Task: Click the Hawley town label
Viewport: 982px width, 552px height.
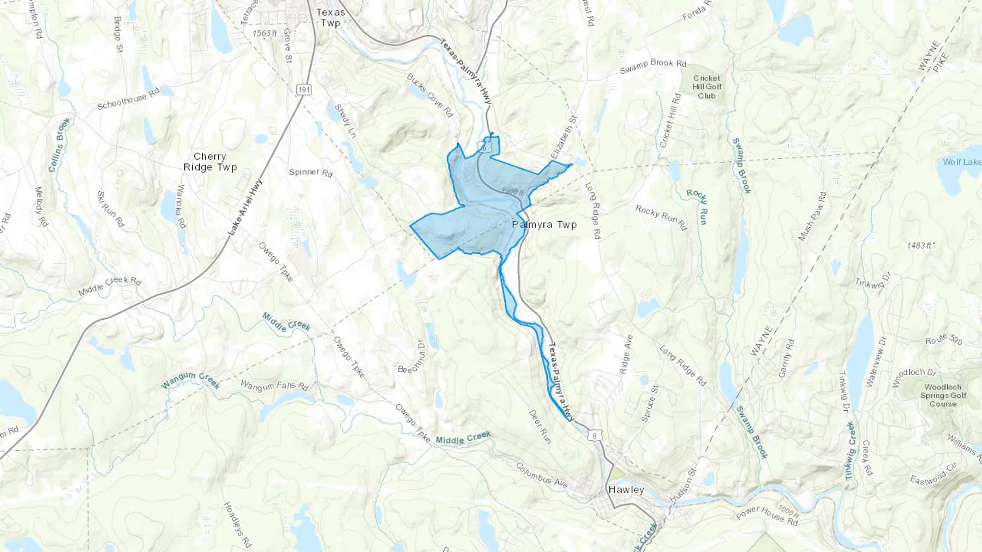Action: click(626, 490)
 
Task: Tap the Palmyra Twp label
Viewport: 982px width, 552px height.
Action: click(544, 225)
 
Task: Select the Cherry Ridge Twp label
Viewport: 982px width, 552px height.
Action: click(210, 162)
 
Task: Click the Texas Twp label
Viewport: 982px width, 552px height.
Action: click(331, 17)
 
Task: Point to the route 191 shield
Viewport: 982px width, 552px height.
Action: click(304, 89)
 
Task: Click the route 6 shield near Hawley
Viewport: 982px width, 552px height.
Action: click(595, 435)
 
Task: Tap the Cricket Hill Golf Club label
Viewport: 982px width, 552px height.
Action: click(706, 87)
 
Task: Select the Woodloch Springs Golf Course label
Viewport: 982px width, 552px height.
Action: click(943, 395)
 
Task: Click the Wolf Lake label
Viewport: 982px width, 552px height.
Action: click(961, 162)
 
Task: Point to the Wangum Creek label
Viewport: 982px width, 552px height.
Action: click(190, 380)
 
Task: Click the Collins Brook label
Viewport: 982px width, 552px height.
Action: click(59, 145)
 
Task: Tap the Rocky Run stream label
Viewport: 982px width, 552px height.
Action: click(697, 207)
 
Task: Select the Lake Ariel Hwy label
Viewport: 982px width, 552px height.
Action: click(245, 207)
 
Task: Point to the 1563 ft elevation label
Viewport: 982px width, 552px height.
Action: click(265, 33)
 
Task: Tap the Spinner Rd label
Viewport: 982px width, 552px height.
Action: click(310, 173)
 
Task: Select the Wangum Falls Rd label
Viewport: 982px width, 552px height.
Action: click(274, 386)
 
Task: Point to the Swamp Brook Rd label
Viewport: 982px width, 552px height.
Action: click(653, 66)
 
